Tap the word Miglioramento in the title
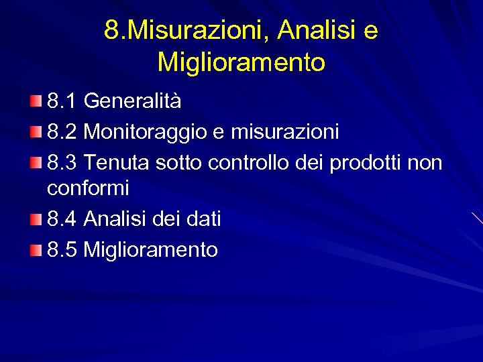coord(241,62)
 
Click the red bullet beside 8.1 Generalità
coord(36,101)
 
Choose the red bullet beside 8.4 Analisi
coord(36,219)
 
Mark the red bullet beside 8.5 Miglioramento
coord(36,250)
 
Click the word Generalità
coord(132,101)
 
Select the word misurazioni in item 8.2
coord(284,132)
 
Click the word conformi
coord(88,188)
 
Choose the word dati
coord(204,219)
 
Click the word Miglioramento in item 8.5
coord(151,250)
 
